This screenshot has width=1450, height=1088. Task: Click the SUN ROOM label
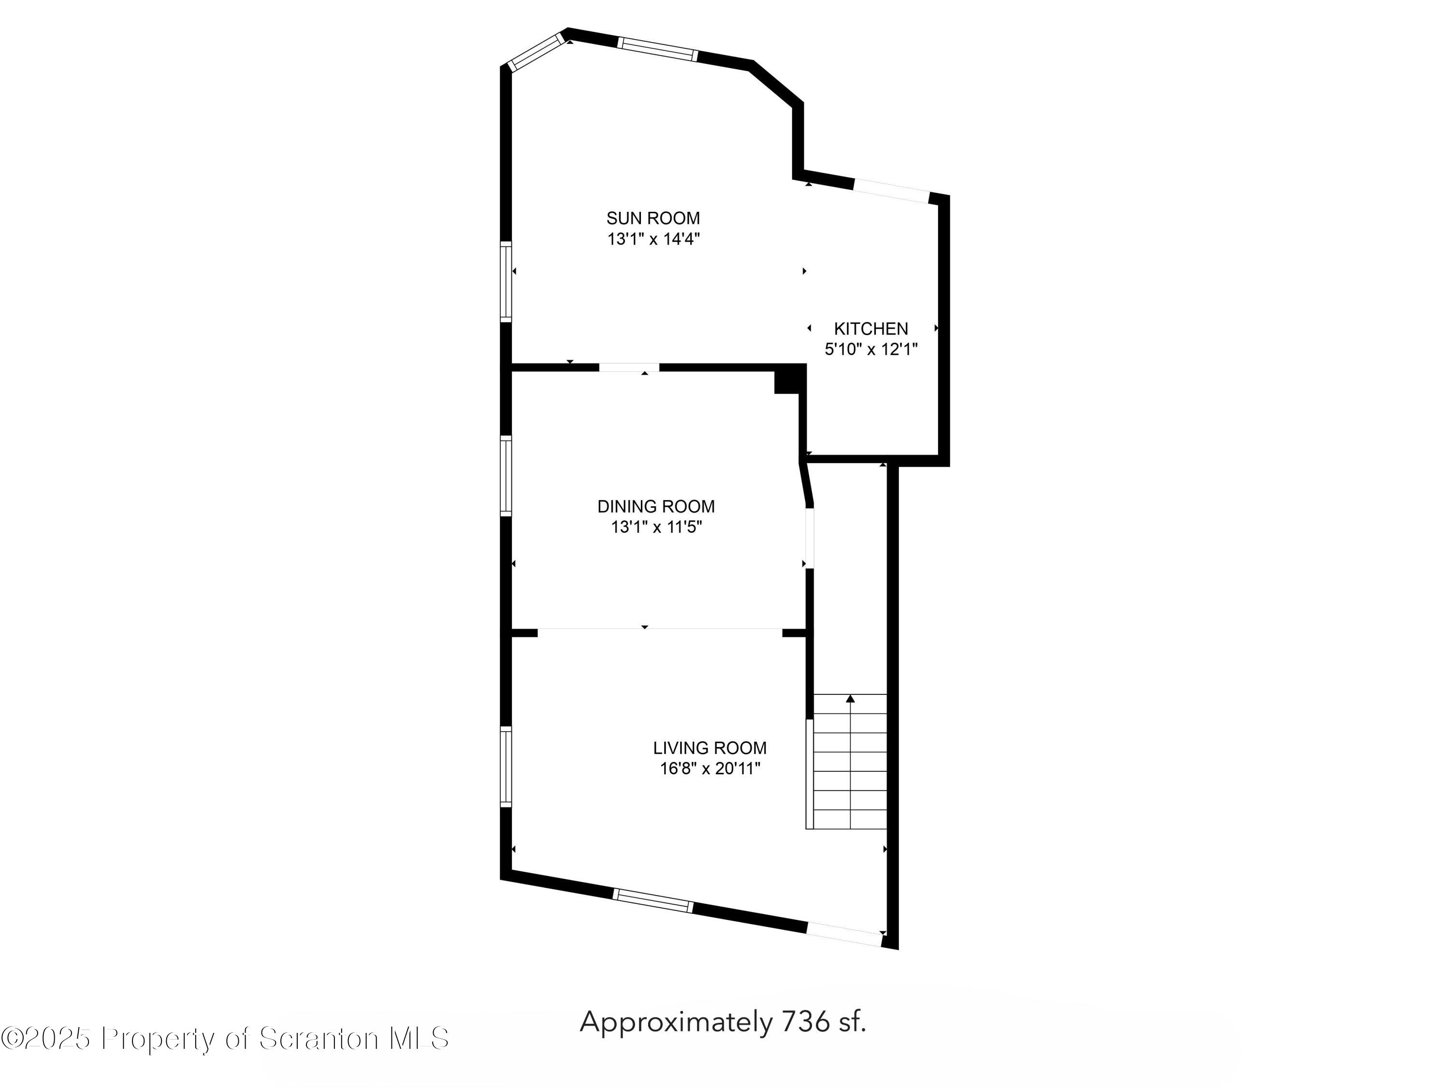[653, 218]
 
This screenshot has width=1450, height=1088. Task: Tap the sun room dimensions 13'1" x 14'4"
[653, 239]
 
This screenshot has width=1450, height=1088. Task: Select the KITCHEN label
[870, 328]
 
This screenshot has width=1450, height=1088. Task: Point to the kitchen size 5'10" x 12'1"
[870, 350]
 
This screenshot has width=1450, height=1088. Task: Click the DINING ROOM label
[655, 506]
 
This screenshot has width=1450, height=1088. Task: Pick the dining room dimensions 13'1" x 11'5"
[656, 527]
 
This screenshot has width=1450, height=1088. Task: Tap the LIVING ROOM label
[709, 748]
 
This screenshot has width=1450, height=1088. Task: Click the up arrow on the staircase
[850, 699]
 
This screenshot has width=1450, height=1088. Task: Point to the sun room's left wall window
[506, 281]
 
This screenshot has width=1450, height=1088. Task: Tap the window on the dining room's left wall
[506, 475]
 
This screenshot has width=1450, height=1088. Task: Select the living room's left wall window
[506, 766]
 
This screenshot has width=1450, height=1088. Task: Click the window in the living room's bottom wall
[653, 900]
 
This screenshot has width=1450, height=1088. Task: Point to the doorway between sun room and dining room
[629, 367]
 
